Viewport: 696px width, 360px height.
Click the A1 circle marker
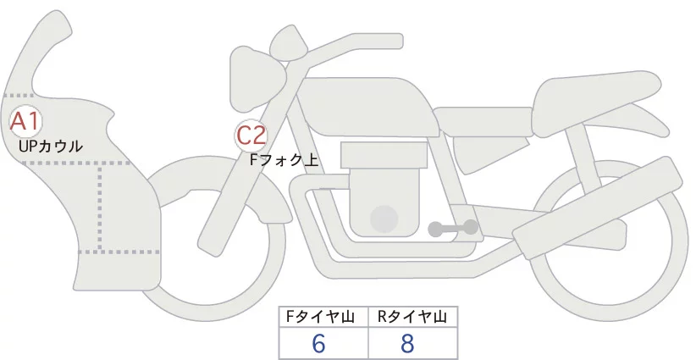(25, 121)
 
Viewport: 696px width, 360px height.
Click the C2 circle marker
(251, 135)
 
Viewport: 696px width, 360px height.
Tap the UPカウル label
(50, 146)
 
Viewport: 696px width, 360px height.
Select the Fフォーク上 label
(284, 158)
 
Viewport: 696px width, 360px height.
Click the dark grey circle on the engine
(385, 218)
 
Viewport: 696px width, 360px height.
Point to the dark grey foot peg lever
(453, 227)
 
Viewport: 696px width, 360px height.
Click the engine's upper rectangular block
(381, 155)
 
